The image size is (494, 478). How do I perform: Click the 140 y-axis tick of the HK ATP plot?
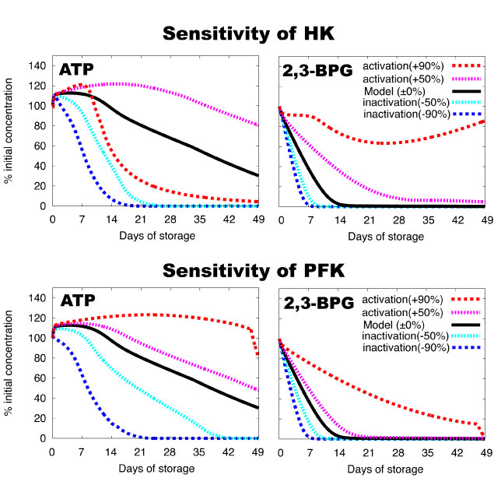[37, 65]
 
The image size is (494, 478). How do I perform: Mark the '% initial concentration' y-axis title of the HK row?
[9, 135]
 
